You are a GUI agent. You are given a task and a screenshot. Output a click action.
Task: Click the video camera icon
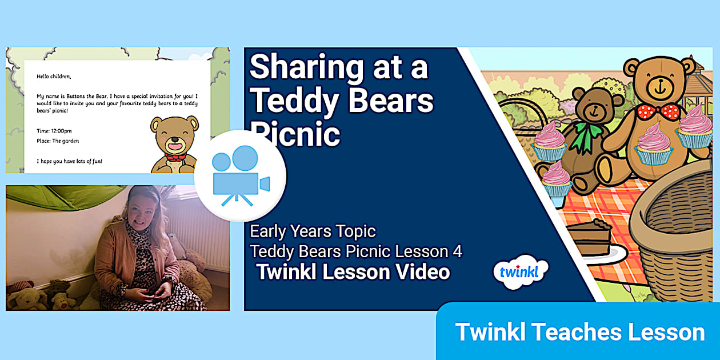[x=240, y=175]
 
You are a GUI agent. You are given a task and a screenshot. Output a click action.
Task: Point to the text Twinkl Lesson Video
[x=353, y=272]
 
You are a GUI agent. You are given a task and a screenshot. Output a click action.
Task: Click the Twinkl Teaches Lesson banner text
[x=579, y=333]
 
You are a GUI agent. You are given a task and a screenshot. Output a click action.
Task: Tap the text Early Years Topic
[x=313, y=231]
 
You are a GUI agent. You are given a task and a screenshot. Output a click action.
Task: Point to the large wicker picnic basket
[x=680, y=234]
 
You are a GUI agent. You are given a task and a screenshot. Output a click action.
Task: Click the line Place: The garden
[x=58, y=141]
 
